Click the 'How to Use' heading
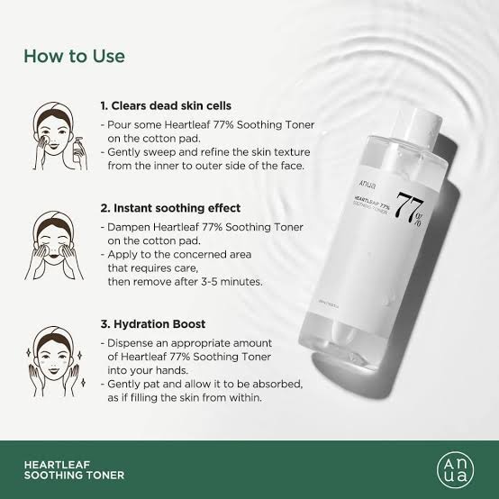(74, 56)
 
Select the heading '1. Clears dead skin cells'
(172, 106)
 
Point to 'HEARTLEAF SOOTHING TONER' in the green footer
(74, 468)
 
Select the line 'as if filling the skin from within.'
(203, 398)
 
